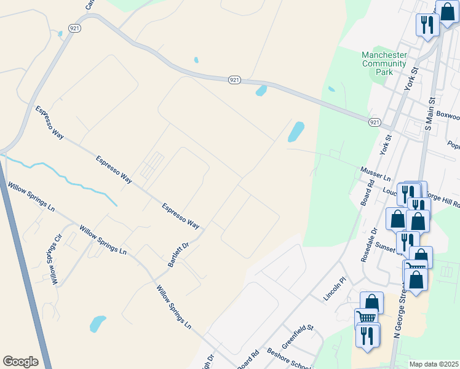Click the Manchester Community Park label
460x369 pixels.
[384, 63]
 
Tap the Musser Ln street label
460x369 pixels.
[375, 173]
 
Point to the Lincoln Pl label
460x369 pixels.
[335, 288]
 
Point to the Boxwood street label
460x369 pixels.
[447, 115]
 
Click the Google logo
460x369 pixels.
[20, 362]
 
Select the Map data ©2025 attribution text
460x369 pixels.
[434, 364]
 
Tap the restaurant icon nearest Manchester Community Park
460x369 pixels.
[426, 25]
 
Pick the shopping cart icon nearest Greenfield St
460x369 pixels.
[366, 317]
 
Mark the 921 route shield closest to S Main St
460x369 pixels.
[375, 123]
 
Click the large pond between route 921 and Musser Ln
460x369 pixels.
[296, 131]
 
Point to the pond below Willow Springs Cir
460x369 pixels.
[97, 323]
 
